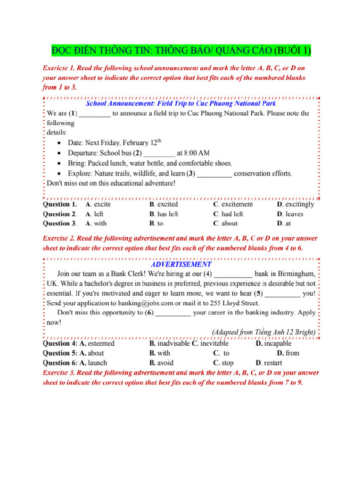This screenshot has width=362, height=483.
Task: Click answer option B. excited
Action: [x=164, y=205]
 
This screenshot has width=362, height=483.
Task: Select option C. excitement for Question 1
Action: [x=233, y=205]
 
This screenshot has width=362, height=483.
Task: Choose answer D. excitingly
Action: [x=296, y=205]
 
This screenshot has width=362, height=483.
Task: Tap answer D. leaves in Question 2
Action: [x=290, y=214]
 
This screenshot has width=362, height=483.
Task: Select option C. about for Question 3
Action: [x=225, y=224]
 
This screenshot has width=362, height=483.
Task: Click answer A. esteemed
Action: [x=97, y=343]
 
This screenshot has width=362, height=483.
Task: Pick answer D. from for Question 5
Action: [x=288, y=353]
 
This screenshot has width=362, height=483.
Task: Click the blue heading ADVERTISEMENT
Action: [x=181, y=265]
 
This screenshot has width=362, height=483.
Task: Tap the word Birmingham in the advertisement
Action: [x=291, y=274]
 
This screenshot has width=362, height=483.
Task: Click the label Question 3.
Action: [x=60, y=224]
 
